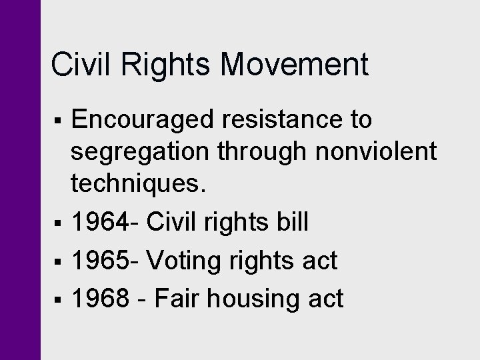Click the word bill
291,222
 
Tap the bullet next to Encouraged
60,121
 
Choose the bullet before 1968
60,299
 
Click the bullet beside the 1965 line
60,261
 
